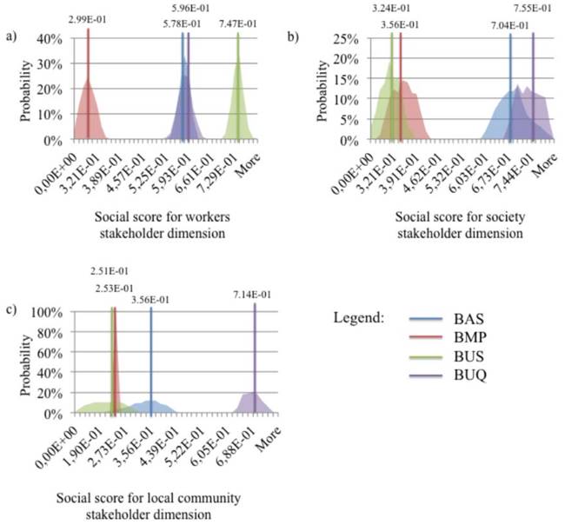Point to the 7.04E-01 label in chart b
point(509,24)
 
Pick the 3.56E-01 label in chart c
point(151,299)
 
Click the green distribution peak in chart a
point(237,61)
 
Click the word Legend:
point(360,319)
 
